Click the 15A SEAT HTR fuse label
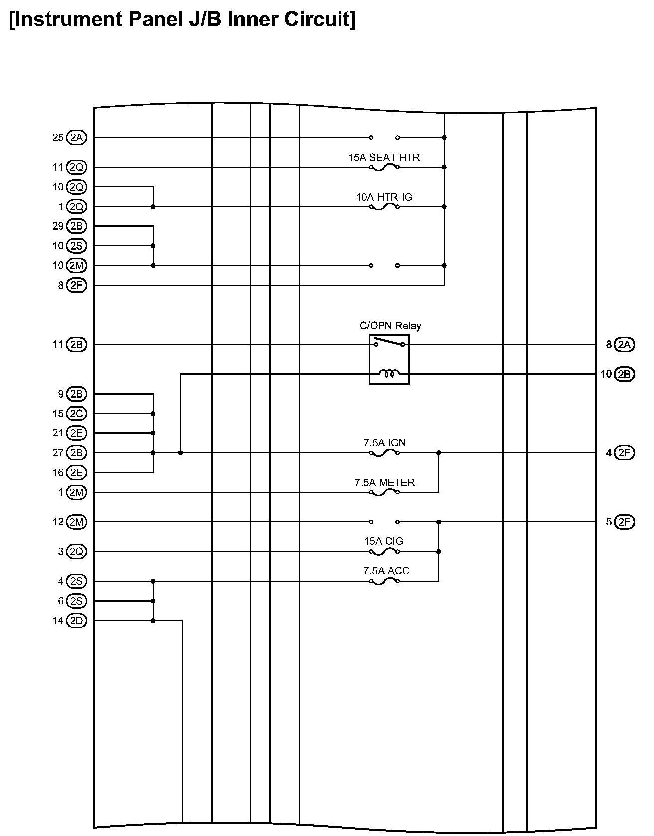tap(384, 158)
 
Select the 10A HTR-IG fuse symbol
tap(384, 206)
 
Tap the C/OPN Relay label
tap(390, 326)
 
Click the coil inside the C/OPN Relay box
tap(389, 373)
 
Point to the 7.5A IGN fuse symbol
tap(384, 452)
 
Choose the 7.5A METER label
tap(384, 483)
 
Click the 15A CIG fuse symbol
tap(384, 551)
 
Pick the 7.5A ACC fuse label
tap(386, 571)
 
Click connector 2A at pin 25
tap(76, 138)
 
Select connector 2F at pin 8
tap(76, 285)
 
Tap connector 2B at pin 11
tap(76, 344)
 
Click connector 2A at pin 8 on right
tap(624, 344)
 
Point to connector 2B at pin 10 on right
tap(624, 374)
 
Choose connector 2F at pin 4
tap(624, 453)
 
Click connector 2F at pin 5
tap(624, 522)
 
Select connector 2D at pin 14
tap(76, 621)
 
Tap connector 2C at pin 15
tap(76, 414)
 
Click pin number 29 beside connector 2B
tap(58, 226)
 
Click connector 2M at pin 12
tap(76, 522)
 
